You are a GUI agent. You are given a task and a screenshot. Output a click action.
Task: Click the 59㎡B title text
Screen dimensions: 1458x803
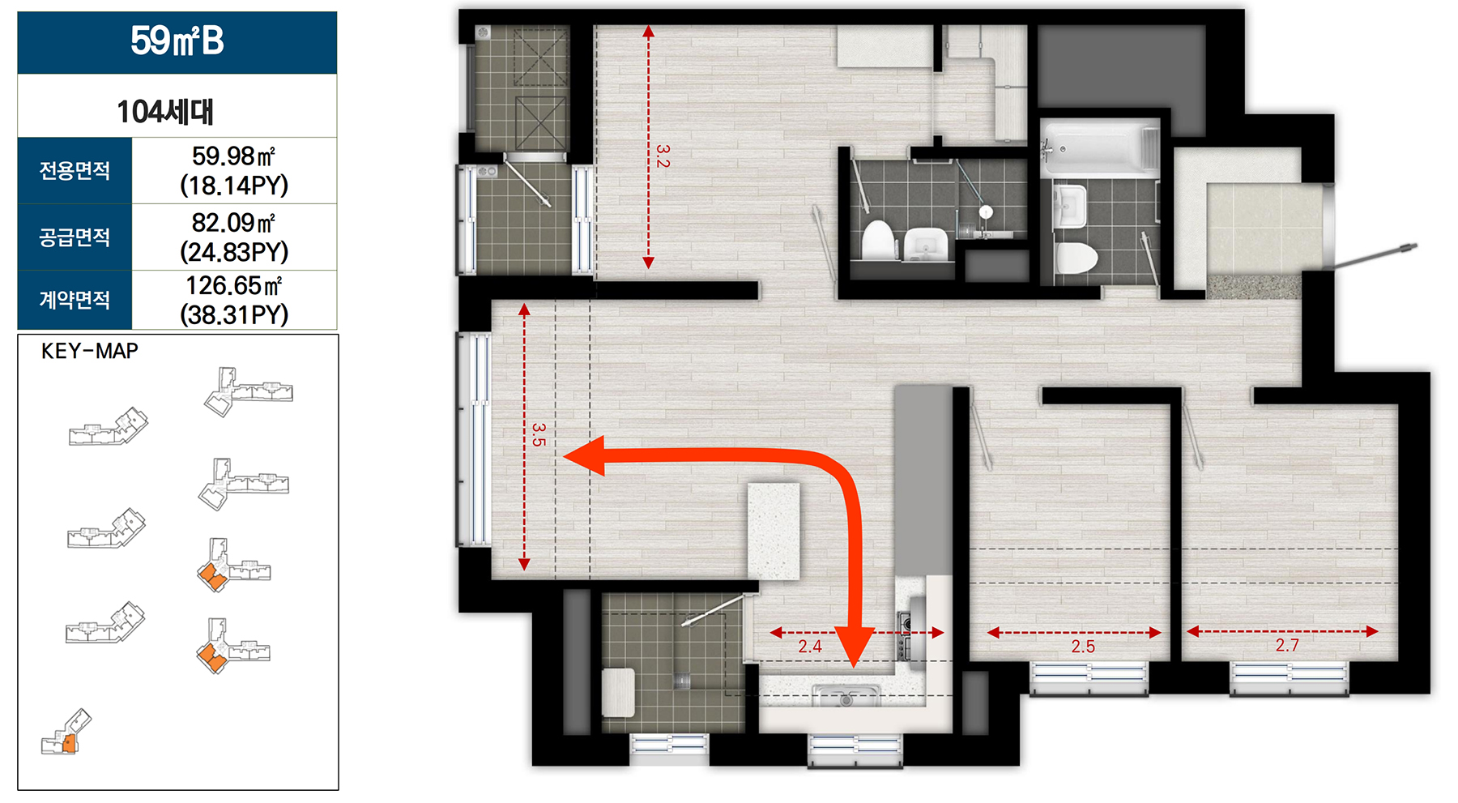(x=177, y=41)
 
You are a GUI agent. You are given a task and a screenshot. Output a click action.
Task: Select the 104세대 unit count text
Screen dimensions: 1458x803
(x=165, y=111)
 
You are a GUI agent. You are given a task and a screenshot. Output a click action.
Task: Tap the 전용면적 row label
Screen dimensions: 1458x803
(x=75, y=170)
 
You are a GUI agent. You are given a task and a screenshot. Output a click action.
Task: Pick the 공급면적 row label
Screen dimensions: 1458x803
(x=75, y=237)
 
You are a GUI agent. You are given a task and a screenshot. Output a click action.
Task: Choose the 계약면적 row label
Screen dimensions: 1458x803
(x=75, y=300)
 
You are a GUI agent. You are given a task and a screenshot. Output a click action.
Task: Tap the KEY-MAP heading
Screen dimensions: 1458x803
(x=90, y=351)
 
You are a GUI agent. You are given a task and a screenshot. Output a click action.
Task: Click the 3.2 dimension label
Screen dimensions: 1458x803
(x=663, y=156)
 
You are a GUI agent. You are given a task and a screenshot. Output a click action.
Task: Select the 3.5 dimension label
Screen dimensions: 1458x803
(x=539, y=434)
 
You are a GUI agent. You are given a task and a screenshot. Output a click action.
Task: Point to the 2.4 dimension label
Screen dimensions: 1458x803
(x=810, y=646)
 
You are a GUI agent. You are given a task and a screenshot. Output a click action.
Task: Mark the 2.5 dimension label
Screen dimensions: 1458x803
(x=1083, y=646)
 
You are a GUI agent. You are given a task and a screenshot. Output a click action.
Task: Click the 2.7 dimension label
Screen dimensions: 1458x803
(x=1287, y=645)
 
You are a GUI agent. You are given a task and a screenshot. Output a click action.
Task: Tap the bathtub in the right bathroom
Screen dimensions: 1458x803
(x=1100, y=148)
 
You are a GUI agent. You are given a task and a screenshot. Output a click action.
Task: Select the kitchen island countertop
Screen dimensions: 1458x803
(x=774, y=532)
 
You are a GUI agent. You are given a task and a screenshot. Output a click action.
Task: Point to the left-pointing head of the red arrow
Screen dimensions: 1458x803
(x=583, y=456)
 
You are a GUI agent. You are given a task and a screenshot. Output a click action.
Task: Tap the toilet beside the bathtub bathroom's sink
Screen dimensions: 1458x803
(x=1076, y=258)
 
